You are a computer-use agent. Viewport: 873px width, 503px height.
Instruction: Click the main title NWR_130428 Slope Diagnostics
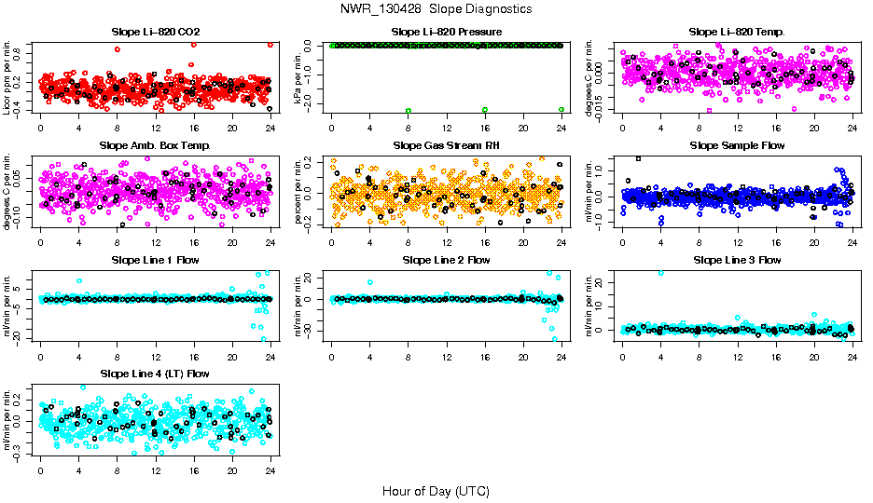pos(436,8)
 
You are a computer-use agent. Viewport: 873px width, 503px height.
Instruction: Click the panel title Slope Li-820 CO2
pos(155,32)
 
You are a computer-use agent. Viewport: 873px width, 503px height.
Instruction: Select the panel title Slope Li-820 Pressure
pos(446,32)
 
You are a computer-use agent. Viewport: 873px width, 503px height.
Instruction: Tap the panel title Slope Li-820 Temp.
pos(737,32)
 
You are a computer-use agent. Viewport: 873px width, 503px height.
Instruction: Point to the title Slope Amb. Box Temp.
pos(155,145)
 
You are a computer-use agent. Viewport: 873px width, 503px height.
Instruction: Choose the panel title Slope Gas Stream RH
pos(446,145)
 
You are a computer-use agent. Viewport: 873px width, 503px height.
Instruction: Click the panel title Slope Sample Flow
pos(737,145)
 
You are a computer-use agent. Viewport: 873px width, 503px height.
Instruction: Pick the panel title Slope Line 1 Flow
pos(155,260)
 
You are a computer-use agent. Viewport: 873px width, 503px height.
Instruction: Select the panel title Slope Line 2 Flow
pos(446,260)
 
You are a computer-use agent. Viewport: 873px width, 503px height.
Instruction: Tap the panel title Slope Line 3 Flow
pos(737,260)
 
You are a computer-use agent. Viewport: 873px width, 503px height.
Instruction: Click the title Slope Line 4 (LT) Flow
pos(155,374)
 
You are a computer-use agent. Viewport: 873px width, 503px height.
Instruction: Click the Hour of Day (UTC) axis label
pos(436,490)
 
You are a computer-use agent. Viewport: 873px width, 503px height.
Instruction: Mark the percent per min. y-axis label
pos(298,192)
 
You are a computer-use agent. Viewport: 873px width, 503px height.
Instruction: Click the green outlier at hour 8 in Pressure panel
pos(409,110)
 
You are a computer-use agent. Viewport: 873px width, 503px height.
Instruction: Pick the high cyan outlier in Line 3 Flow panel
pos(661,273)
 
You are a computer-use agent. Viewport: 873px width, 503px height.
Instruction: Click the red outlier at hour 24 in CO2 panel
pos(270,44)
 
